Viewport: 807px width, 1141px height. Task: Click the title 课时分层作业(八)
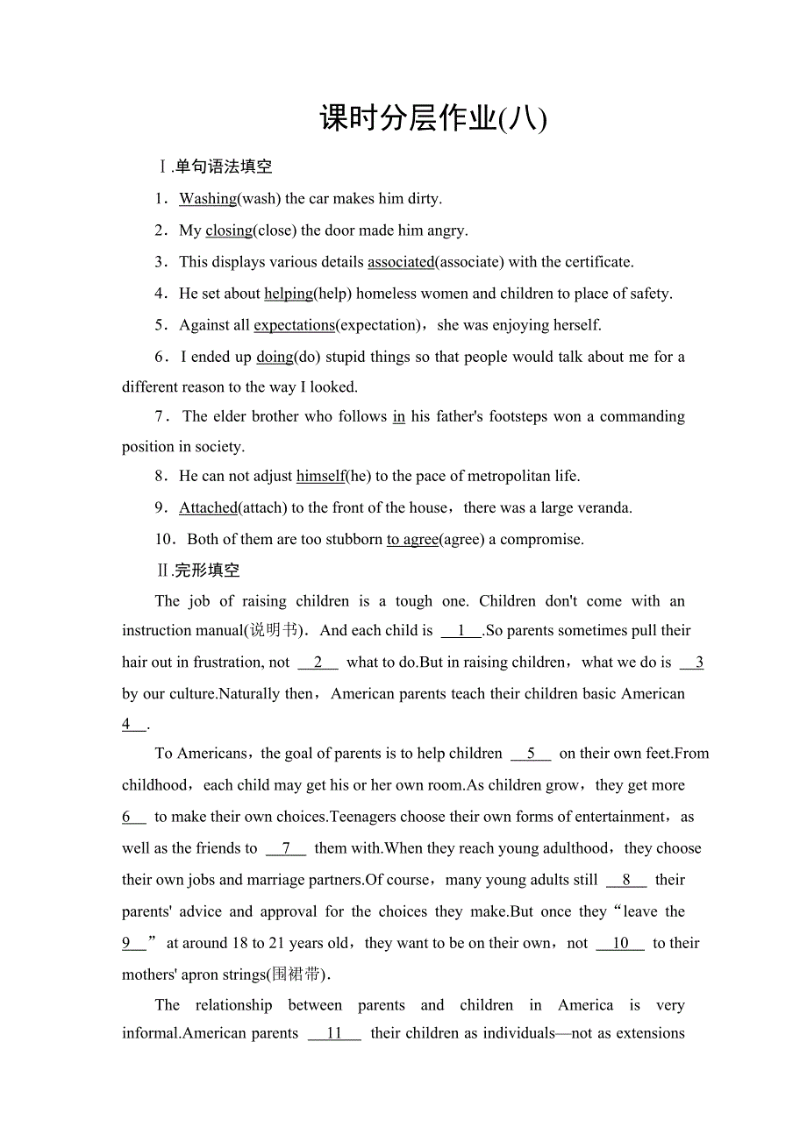tap(433, 118)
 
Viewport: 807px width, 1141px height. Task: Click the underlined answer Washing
tap(208, 199)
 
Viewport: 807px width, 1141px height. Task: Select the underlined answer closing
tap(229, 230)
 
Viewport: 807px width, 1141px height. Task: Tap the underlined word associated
tap(401, 262)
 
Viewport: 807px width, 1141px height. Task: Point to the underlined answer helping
tap(289, 294)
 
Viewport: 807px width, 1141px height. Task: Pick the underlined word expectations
tap(294, 325)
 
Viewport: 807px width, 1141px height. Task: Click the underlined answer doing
tap(275, 357)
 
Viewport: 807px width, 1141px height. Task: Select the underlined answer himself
tap(321, 476)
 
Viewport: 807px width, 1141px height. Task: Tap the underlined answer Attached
tap(208, 507)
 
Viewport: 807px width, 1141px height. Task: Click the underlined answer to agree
tap(412, 539)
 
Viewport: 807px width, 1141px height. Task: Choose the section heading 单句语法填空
tap(224, 167)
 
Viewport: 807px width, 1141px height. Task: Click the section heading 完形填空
tap(207, 570)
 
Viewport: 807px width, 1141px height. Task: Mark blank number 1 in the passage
tap(461, 631)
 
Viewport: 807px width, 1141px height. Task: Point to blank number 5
tap(531, 754)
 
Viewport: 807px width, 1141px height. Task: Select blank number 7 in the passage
tap(286, 848)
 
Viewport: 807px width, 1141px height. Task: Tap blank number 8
tap(625, 880)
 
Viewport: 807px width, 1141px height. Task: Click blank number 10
tap(620, 943)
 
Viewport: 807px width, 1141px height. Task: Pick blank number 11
tap(334, 1033)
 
